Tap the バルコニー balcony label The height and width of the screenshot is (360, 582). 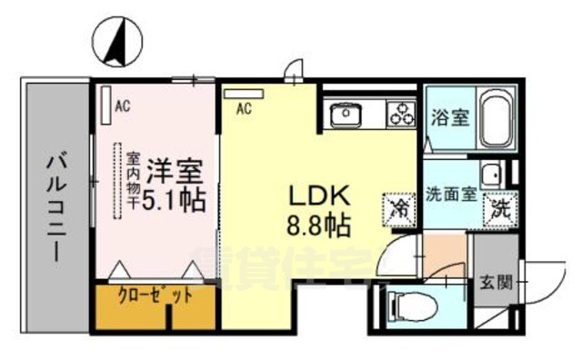tap(57, 209)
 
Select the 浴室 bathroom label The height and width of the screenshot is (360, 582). tap(449, 117)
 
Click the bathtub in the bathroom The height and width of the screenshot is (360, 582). tap(497, 118)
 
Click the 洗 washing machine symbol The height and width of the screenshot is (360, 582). tap(498, 208)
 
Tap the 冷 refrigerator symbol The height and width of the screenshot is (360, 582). tap(401, 207)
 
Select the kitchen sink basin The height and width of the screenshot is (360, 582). tap(346, 115)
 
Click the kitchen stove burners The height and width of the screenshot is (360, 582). tap(399, 115)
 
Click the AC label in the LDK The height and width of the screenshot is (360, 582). tap(243, 109)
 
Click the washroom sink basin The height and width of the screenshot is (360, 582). tap(492, 173)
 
